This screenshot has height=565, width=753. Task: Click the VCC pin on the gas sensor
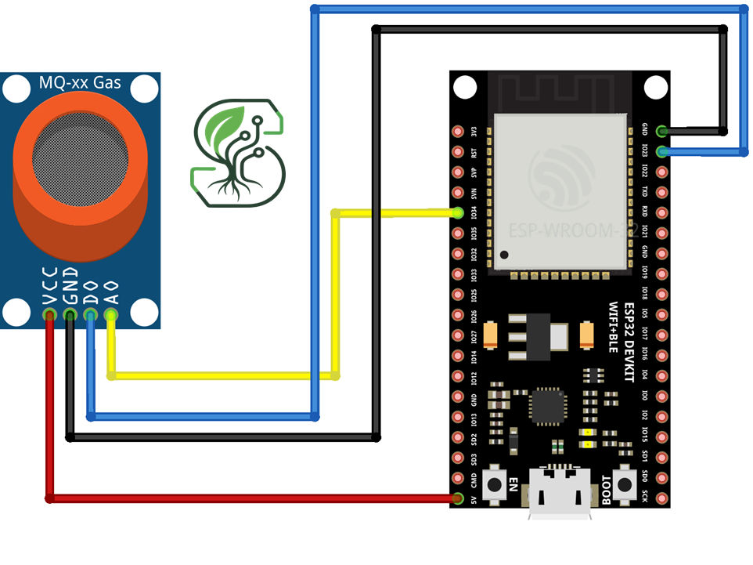click(50, 315)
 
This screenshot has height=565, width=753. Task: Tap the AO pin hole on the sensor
click(110, 315)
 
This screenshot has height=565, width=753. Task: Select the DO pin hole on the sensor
click(90, 315)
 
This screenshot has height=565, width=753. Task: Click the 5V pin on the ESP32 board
click(458, 498)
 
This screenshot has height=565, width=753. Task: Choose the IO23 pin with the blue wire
click(662, 151)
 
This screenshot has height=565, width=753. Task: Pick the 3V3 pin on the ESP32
click(458, 132)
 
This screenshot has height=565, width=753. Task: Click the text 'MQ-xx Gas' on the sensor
click(80, 82)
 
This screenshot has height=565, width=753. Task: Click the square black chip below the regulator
click(546, 406)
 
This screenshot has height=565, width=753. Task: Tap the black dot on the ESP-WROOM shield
click(506, 255)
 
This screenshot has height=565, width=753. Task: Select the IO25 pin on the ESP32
click(458, 295)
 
